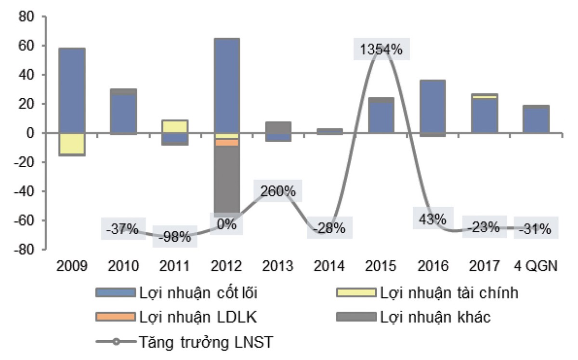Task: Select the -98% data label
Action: click(175, 237)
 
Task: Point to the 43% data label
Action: click(433, 219)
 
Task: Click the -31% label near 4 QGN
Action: click(535, 229)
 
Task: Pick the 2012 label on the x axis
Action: click(226, 266)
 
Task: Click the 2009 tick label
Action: click(72, 266)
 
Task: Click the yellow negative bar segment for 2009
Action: click(72, 144)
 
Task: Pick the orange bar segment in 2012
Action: click(226, 143)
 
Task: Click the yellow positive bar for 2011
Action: click(175, 126)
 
